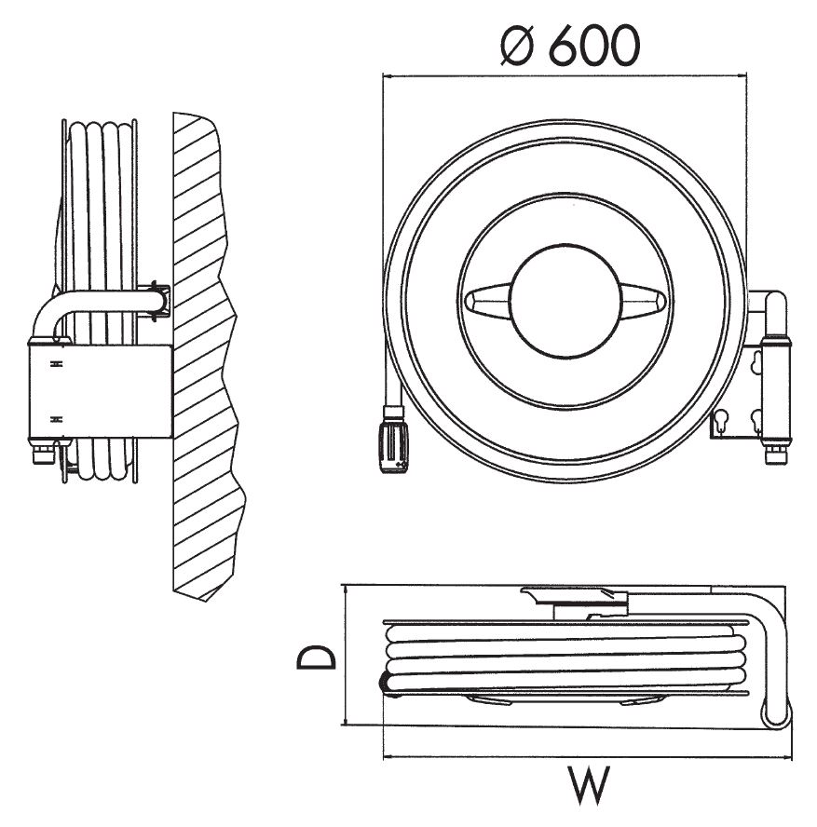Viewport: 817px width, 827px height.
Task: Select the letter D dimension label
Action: click(x=316, y=658)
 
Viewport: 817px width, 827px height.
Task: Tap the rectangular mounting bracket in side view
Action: click(x=100, y=391)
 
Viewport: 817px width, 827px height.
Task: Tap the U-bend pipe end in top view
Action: click(x=776, y=712)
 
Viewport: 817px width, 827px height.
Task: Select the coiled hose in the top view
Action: click(x=568, y=657)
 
